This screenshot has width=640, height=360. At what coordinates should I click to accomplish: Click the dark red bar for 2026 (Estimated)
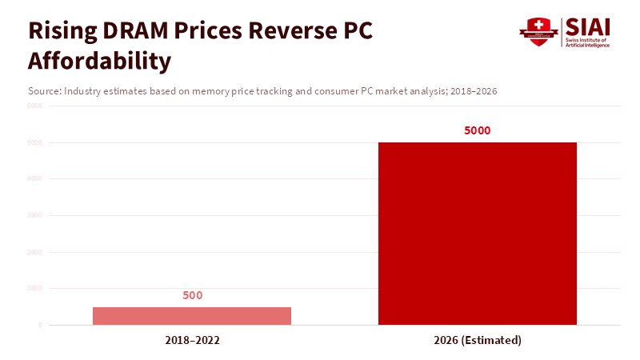478,234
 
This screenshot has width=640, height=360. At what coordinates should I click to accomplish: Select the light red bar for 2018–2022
192,316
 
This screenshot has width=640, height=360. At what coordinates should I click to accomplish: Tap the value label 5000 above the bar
478,130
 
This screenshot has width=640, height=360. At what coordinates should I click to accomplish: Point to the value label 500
193,295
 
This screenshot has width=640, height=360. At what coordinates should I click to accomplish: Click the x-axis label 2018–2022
193,340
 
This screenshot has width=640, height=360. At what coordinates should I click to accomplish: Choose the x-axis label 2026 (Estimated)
478,340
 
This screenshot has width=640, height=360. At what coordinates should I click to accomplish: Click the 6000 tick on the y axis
34,106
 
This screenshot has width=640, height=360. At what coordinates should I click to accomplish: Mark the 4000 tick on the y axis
34,179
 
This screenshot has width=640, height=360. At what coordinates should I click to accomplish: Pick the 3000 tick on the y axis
34,215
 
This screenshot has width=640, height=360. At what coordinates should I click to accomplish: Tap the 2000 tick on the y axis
34,252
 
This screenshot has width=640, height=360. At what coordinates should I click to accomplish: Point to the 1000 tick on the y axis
34,288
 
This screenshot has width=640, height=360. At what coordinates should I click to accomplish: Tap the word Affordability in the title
99,61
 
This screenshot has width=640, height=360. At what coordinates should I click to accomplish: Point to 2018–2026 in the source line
473,91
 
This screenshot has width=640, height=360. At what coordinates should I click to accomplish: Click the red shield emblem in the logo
538,32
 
